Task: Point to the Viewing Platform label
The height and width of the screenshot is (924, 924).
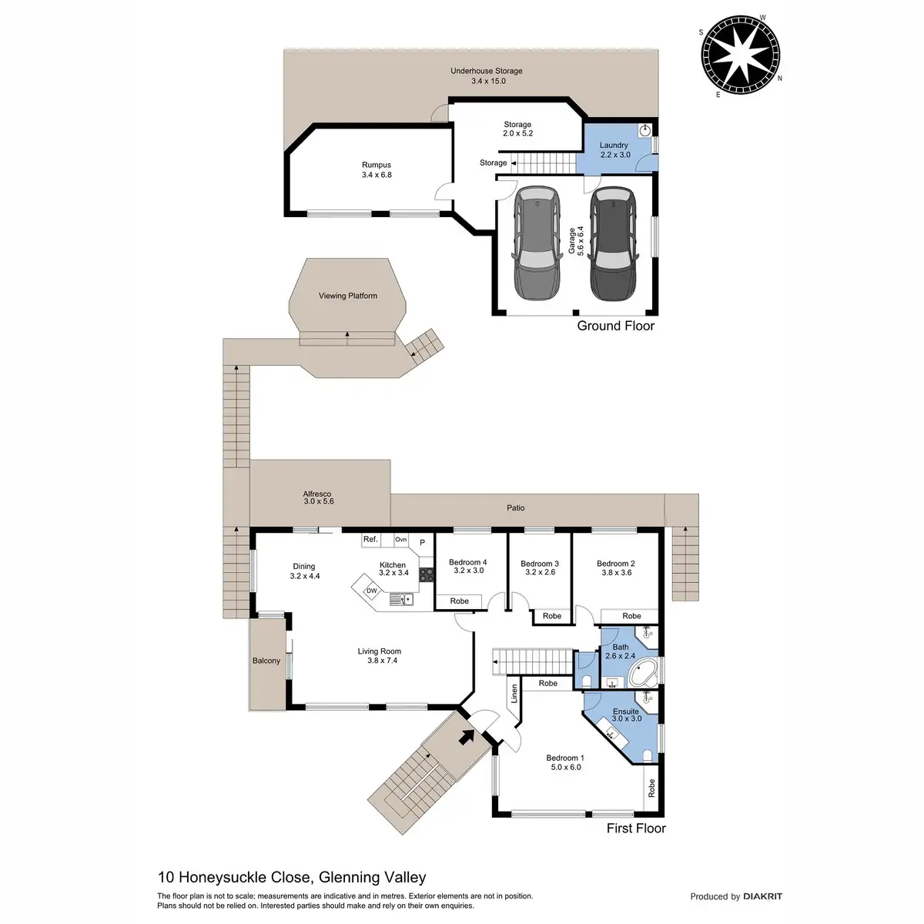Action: tap(348, 296)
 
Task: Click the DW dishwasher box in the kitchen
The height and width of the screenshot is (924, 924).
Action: tap(371, 591)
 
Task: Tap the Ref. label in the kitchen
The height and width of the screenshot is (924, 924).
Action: tap(370, 540)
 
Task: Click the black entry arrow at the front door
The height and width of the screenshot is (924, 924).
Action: tap(467, 737)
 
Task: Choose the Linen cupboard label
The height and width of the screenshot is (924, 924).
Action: tap(514, 695)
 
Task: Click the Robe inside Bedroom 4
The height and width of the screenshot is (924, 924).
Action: tap(459, 601)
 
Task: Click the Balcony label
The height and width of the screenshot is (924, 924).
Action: tap(266, 661)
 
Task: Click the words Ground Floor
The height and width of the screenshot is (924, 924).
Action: tap(616, 326)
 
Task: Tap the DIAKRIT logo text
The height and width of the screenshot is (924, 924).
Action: tap(762, 896)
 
